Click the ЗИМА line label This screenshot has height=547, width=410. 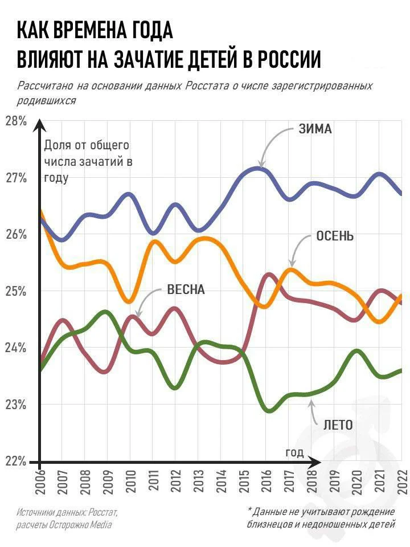pyautogui.click(x=314, y=129)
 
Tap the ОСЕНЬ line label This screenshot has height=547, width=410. pyautogui.click(x=335, y=236)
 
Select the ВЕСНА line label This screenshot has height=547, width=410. pyautogui.click(x=185, y=289)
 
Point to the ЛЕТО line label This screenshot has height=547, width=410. pyautogui.click(x=338, y=424)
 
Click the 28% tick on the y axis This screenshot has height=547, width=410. pyautogui.click(x=17, y=121)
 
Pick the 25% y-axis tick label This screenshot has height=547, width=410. pyautogui.click(x=17, y=291)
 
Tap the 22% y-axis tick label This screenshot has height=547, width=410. pyautogui.click(x=17, y=461)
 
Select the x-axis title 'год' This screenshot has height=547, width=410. pyautogui.click(x=294, y=452)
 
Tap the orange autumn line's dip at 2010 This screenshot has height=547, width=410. pyautogui.click(x=129, y=301)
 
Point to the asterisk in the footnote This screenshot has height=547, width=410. pyautogui.click(x=250, y=509)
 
